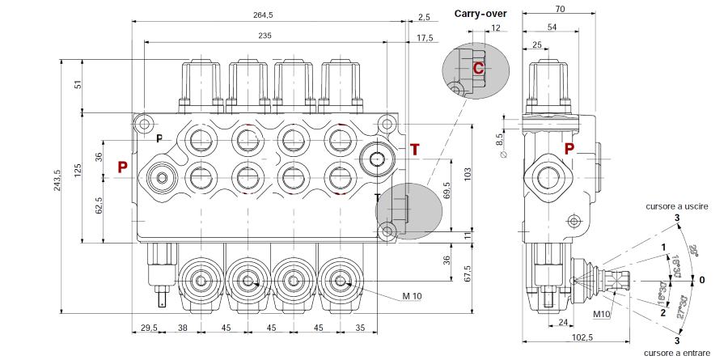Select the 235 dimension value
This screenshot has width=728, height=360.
[x=265, y=36]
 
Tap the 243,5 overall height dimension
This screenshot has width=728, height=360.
[x=56, y=180]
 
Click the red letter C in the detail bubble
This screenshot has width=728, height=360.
[x=478, y=69]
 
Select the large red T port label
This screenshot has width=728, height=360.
[x=415, y=150]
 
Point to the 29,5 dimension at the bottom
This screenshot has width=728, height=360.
[x=147, y=329]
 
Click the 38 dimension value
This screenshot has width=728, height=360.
[x=184, y=329]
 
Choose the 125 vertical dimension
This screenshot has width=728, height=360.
[x=78, y=171]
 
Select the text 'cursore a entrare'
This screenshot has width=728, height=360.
[x=677, y=353]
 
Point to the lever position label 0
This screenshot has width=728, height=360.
[x=702, y=280]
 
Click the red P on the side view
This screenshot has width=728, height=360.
[x=569, y=148]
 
